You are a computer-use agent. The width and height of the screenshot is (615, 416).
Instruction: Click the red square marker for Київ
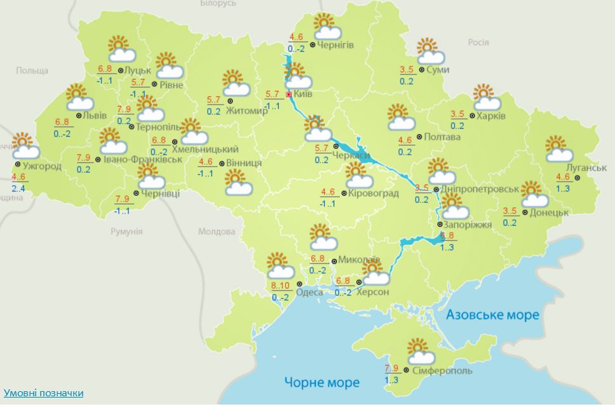pyautogui.click(x=289, y=95)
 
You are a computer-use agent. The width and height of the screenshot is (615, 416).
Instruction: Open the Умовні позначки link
pyautogui.click(x=43, y=393)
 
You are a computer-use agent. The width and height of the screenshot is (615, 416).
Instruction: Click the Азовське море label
pyautogui.click(x=492, y=314)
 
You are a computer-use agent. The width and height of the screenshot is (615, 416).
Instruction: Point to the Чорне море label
pyautogui.click(x=321, y=382)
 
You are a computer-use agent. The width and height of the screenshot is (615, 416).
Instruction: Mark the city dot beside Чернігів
pyautogui.click(x=313, y=45)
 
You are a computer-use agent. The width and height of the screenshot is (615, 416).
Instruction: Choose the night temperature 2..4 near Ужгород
pyautogui.click(x=18, y=188)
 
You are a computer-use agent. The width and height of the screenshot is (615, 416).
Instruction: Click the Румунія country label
pyautogui.click(x=126, y=231)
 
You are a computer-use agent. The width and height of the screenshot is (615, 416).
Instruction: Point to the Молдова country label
pyautogui.click(x=216, y=232)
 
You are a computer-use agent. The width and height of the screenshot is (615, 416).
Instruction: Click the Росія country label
pyautogui.click(x=478, y=42)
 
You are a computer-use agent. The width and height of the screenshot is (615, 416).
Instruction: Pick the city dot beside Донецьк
pyautogui.click(x=525, y=212)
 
